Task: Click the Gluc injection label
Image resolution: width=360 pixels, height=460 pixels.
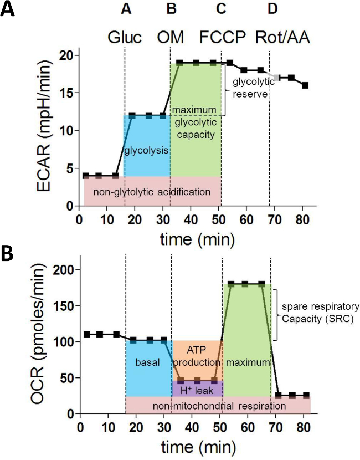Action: pyautogui.click(x=125, y=38)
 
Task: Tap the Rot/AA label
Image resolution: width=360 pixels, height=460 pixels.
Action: pyautogui.click(x=282, y=38)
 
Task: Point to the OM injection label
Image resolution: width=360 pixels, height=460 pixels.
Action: pyautogui.click(x=171, y=38)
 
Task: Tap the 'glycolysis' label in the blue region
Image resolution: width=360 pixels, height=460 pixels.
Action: pyautogui.click(x=147, y=150)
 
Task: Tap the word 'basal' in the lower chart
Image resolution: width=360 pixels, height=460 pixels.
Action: pyautogui.click(x=147, y=362)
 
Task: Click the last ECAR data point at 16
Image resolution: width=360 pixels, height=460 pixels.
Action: pyautogui.click(x=305, y=85)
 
